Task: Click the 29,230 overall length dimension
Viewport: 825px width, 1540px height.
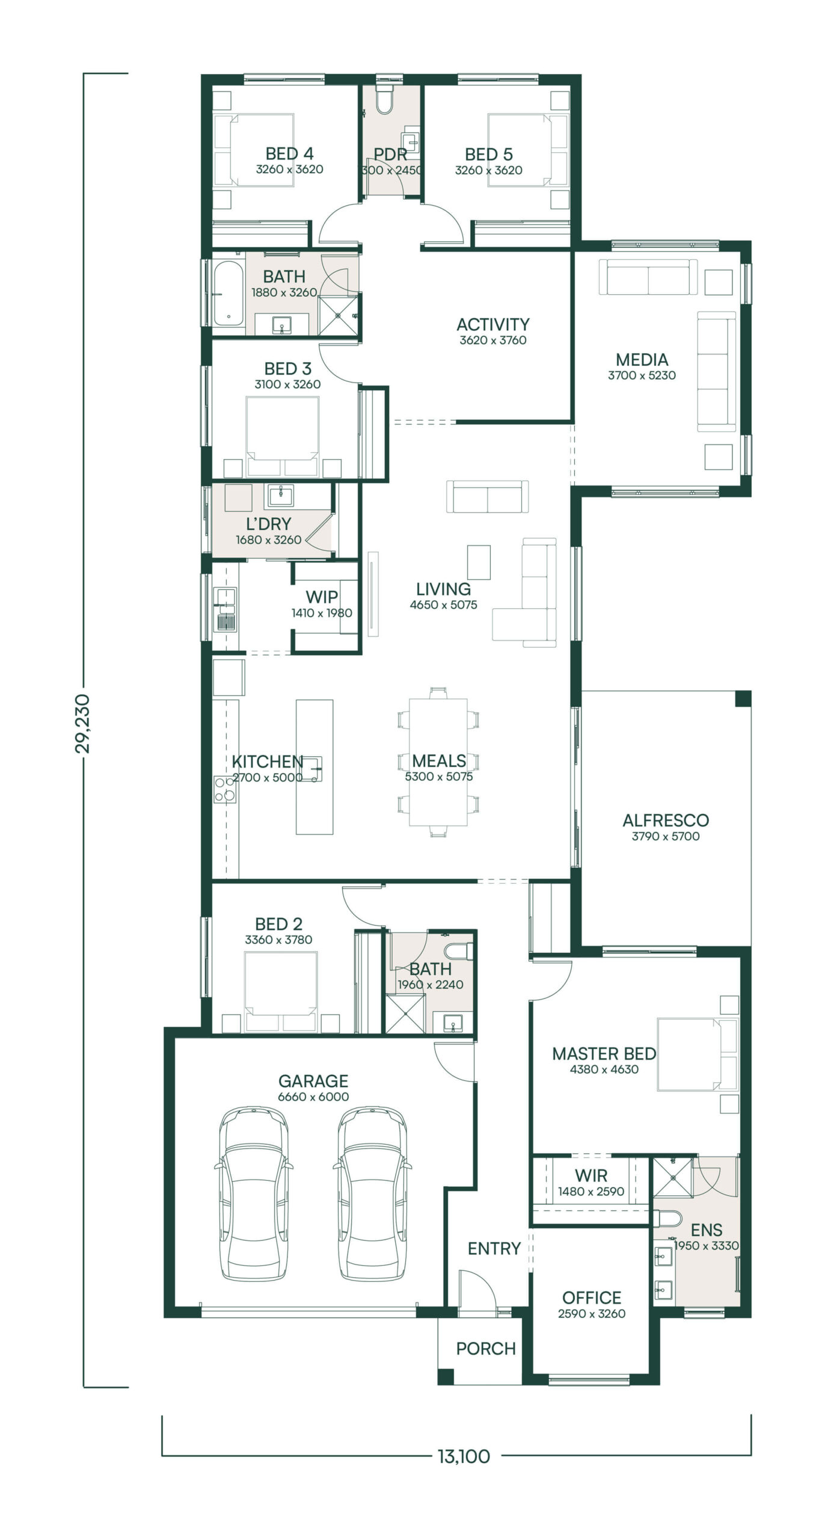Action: pyautogui.click(x=82, y=723)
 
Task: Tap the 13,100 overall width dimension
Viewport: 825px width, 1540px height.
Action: pyautogui.click(x=464, y=1456)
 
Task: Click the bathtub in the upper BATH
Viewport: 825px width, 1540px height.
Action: pyautogui.click(x=228, y=293)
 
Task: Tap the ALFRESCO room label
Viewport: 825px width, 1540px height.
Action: pyautogui.click(x=666, y=820)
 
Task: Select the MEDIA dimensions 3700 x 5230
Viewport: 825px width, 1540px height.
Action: pyautogui.click(x=642, y=375)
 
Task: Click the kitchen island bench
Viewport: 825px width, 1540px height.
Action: pyautogui.click(x=314, y=766)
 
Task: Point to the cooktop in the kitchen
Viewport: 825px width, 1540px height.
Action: pyautogui.click(x=225, y=789)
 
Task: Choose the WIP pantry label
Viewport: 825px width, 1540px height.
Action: pyautogui.click(x=322, y=597)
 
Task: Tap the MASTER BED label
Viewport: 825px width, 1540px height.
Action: pyautogui.click(x=604, y=1053)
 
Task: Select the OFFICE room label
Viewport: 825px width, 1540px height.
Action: pyautogui.click(x=592, y=1298)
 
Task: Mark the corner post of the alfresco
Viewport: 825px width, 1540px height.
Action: pyautogui.click(x=743, y=698)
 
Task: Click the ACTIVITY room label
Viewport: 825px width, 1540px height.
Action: pyautogui.click(x=493, y=324)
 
